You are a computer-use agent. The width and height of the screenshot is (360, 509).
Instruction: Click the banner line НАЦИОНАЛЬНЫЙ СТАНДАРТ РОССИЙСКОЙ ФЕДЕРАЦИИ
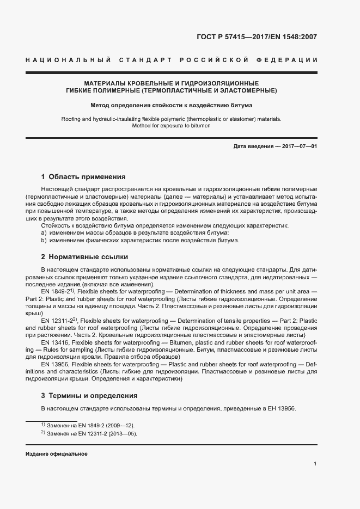171,59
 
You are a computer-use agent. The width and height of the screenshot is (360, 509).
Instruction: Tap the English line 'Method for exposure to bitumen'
171,126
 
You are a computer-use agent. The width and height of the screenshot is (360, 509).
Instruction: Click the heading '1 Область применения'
83,177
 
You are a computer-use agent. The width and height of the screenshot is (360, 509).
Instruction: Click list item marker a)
44,233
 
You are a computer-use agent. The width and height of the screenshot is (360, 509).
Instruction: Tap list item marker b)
44,241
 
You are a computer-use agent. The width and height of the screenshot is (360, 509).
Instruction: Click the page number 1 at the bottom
315,464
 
